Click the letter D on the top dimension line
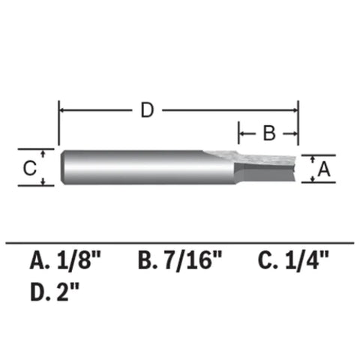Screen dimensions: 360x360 tap(148, 110)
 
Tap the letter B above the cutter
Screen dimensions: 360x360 tap(268, 134)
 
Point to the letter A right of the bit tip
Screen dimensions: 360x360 tap(324, 169)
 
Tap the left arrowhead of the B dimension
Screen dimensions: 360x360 tap(243, 134)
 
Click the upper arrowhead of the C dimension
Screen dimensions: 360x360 tap(43, 153)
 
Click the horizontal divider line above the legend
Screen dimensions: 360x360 tap(180, 241)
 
